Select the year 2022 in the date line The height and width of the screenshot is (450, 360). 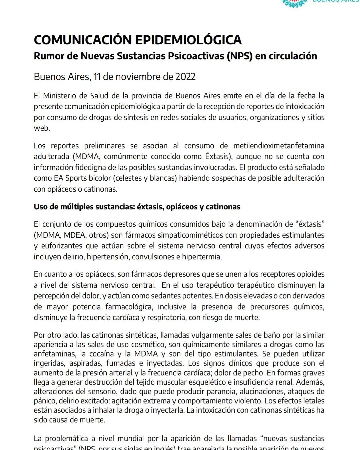pos(185,77)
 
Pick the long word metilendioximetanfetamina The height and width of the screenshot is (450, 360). pos(279,146)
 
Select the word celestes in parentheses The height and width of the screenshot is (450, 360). pos(128,178)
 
